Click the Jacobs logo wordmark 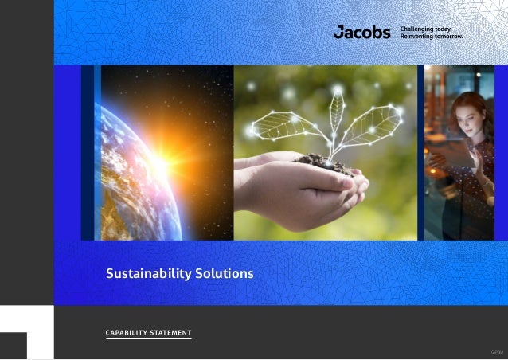[x=361, y=33]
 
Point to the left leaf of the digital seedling [x=279, y=125]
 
